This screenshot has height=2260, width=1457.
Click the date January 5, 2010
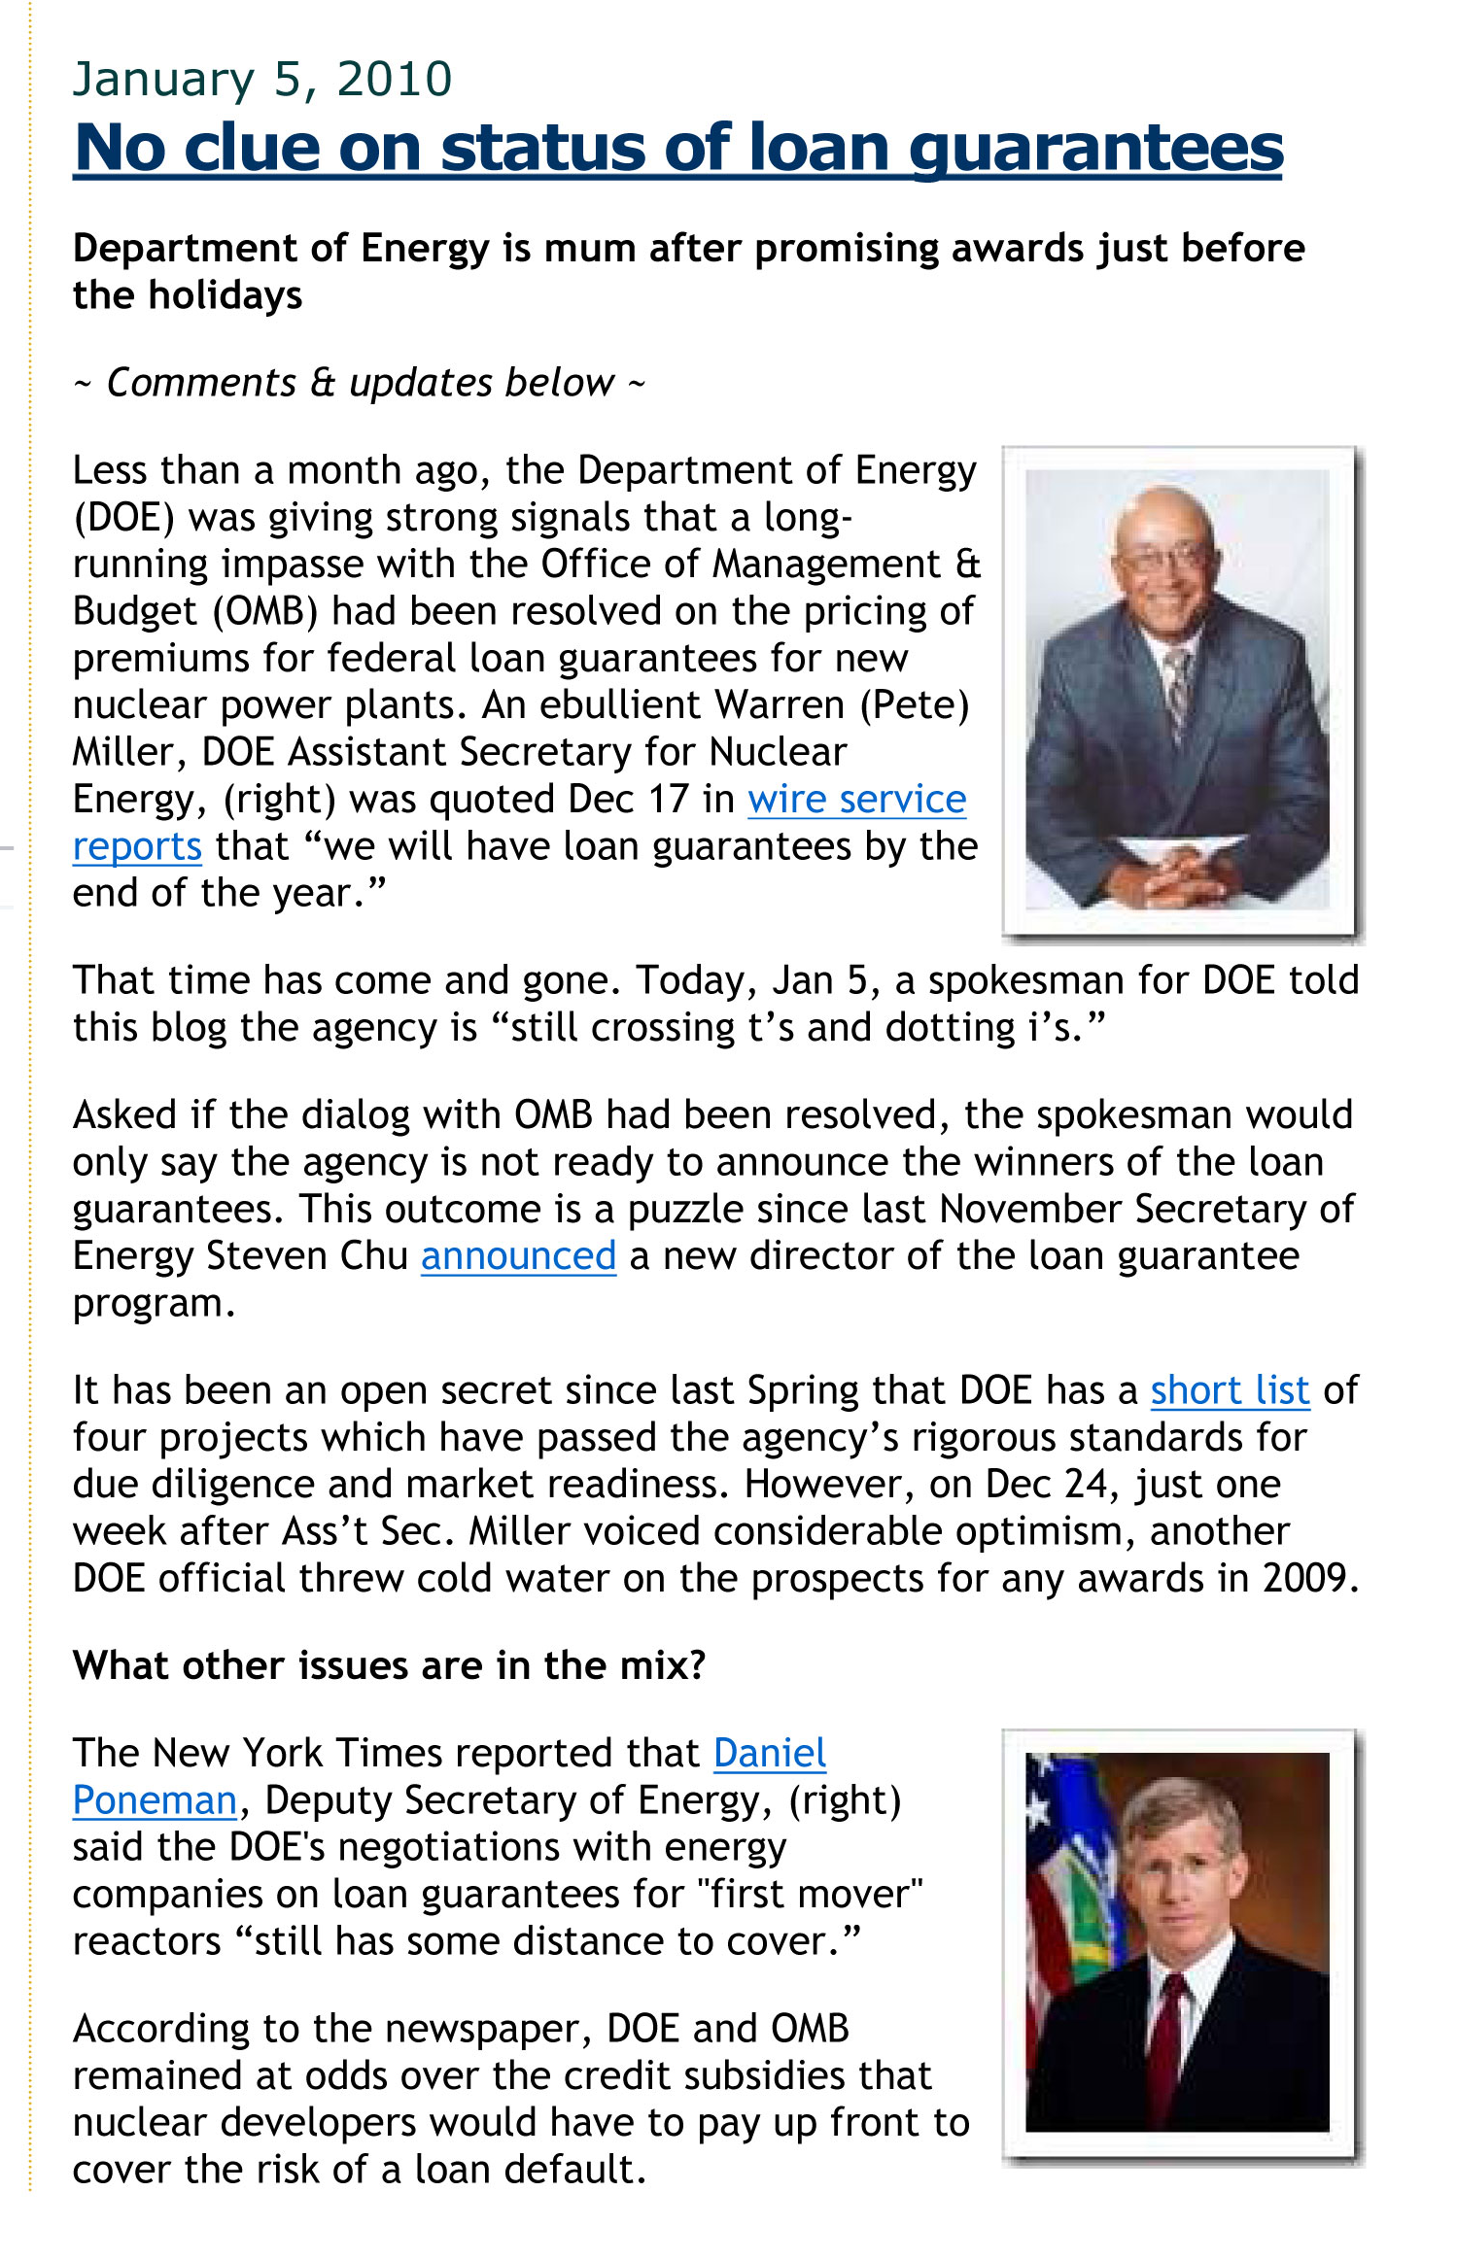[262, 80]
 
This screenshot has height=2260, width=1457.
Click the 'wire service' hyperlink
[856, 800]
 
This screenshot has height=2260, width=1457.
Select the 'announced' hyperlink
[518, 1256]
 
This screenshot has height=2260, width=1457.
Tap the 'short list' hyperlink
[1230, 1390]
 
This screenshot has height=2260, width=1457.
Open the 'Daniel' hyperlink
[770, 1753]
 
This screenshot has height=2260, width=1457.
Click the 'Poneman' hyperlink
[155, 1800]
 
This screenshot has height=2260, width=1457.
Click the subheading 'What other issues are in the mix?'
[389, 1665]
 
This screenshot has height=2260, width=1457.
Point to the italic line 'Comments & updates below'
[360, 383]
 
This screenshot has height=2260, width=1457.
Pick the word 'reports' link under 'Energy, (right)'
[137, 847]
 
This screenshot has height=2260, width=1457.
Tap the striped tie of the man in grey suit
[1178, 690]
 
